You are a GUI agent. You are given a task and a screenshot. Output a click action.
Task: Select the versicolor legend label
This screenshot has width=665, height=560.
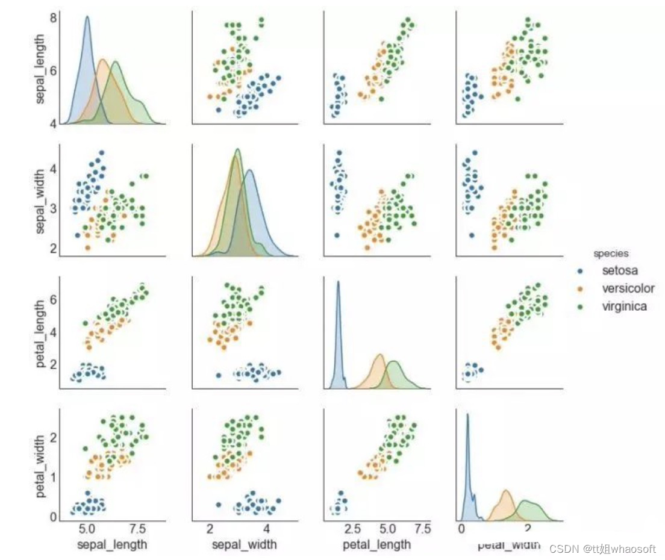[628, 288]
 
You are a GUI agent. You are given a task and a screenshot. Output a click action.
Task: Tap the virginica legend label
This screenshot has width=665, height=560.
[625, 306]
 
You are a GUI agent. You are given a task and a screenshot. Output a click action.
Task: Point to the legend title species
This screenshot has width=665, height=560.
[611, 254]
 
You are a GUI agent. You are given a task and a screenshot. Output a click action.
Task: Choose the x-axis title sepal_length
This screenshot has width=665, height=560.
[113, 544]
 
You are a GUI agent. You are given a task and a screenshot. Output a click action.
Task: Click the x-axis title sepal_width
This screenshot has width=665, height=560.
[244, 544]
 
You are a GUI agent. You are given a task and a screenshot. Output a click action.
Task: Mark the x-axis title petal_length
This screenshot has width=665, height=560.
[377, 544]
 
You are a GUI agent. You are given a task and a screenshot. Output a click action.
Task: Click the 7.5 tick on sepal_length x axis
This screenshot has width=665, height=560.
[138, 529]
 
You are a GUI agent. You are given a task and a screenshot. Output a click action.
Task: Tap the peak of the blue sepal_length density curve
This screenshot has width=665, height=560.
[87, 17]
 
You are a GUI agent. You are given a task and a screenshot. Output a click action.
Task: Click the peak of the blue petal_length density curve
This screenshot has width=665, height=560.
[339, 281]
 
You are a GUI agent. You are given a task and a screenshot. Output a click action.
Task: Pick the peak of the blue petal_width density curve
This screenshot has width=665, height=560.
[467, 414]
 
